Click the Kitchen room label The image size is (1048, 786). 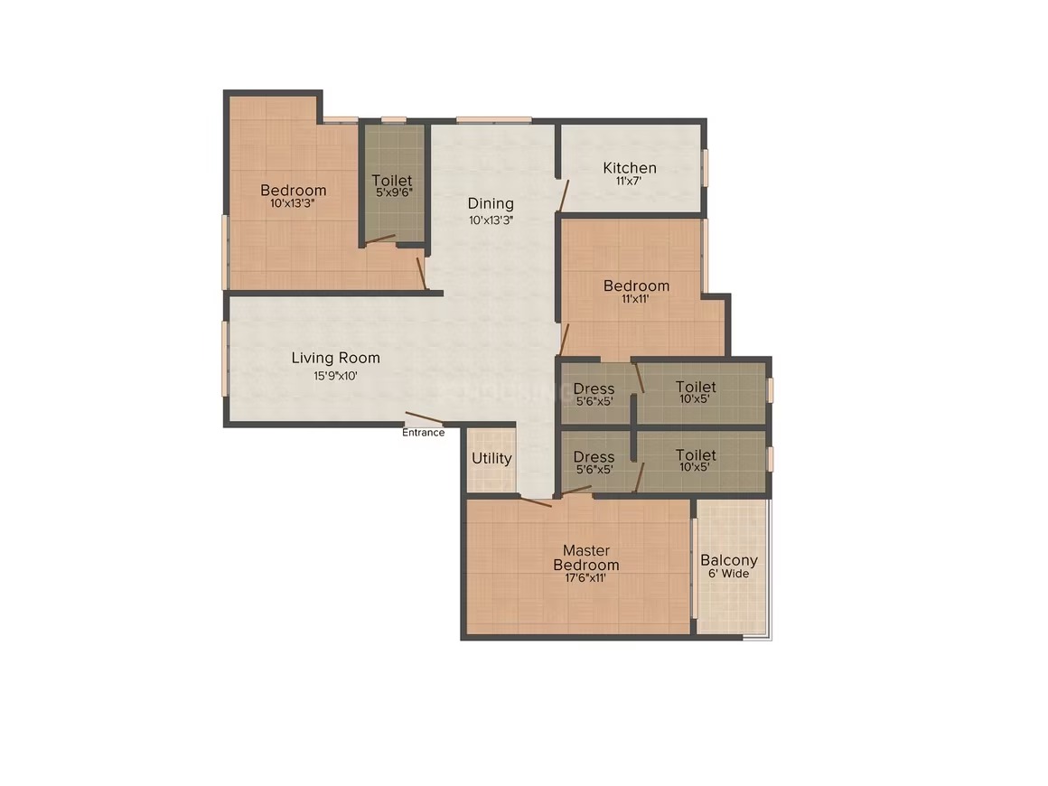coord(630,168)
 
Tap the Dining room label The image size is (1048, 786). coord(491,203)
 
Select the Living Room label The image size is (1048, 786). coord(335,359)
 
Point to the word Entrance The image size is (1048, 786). coord(423,433)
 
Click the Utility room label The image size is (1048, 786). coord(491,459)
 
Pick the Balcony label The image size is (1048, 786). coord(729,561)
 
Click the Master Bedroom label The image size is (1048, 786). coord(586,557)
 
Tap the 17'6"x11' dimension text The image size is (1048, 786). coord(585,578)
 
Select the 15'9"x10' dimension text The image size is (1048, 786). coord(335,376)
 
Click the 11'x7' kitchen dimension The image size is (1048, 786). coord(629,181)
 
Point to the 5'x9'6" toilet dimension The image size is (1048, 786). coord(394,192)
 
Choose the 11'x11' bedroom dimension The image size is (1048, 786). coord(636,299)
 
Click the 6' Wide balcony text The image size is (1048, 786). coord(729,574)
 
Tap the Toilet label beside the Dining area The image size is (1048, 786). coord(392,181)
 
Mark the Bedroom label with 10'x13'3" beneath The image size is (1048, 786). coord(294,190)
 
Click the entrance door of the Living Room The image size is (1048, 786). coord(424,418)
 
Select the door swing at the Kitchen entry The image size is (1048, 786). coord(563,196)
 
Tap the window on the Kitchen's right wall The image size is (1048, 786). coord(705,168)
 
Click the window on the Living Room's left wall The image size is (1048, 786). coord(225,359)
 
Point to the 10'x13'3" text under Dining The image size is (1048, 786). coord(491,220)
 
